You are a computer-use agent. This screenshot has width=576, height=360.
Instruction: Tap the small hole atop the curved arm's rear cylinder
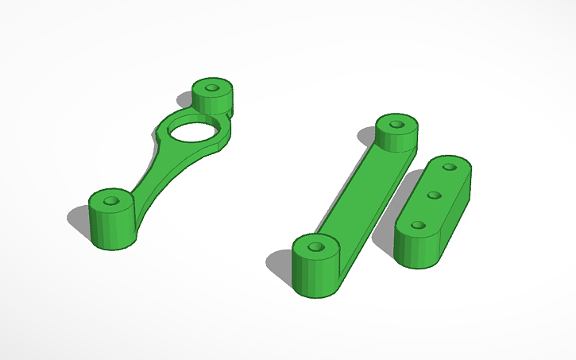coord(212,86)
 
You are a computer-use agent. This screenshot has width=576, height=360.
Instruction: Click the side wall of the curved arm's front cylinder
coord(110,231)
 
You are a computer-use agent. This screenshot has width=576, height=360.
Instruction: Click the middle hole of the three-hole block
coord(434,195)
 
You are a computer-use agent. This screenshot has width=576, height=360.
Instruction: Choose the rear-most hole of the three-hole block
coord(450,168)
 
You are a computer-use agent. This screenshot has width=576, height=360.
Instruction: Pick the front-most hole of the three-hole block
coord(416,226)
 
